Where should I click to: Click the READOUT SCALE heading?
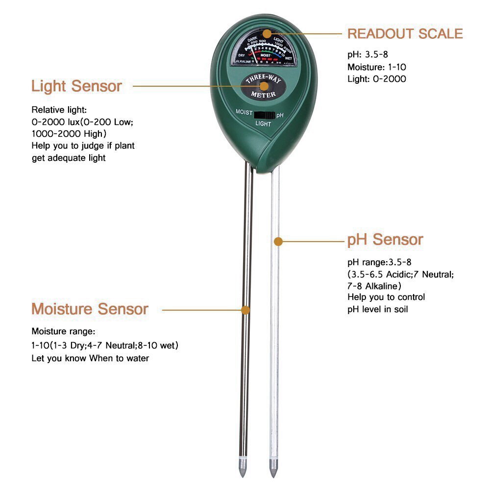click(x=405, y=33)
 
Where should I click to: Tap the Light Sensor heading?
click(x=76, y=86)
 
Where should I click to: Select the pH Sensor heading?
click(x=385, y=240)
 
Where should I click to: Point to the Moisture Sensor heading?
click(x=90, y=309)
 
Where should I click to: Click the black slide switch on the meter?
click(x=264, y=115)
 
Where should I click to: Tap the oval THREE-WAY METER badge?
click(x=263, y=86)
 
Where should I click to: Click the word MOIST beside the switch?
click(x=244, y=112)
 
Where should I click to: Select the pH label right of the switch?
click(x=280, y=115)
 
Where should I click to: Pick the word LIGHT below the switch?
click(x=264, y=124)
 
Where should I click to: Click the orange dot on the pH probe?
click(x=278, y=241)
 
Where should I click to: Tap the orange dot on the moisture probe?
click(x=246, y=310)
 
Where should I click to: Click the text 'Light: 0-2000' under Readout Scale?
click(x=376, y=78)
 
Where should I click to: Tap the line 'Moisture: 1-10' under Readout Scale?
click(x=377, y=67)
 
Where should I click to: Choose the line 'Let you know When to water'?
click(x=90, y=358)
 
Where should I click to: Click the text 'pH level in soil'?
click(x=377, y=309)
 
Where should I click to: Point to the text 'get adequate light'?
click(x=69, y=158)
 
